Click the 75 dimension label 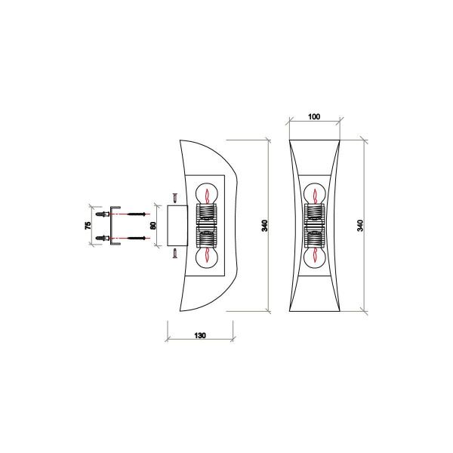pyautogui.click(x=88, y=224)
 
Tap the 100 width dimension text pyautogui.click(x=314, y=118)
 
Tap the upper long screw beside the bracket pyautogui.click(x=134, y=214)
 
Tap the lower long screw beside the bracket pyautogui.click(x=134, y=239)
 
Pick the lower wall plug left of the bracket pyautogui.click(x=100, y=239)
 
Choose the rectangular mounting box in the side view pyautogui.click(x=168, y=225)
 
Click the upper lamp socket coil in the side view pyautogui.click(x=206, y=213)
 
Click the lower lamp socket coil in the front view pyautogui.click(x=314, y=238)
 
